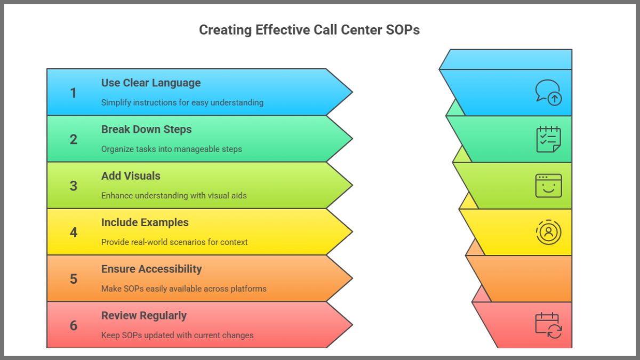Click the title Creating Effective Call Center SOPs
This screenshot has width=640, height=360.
click(309, 30)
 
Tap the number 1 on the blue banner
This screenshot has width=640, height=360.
click(74, 93)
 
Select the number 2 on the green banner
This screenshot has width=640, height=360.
click(74, 139)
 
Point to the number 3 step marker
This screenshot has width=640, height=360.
click(74, 186)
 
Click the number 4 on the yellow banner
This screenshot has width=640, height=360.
click(74, 233)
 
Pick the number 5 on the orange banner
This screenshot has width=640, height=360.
click(74, 279)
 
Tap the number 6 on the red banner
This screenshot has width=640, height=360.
click(74, 325)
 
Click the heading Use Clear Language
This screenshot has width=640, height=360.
click(151, 83)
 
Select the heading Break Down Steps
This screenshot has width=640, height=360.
click(146, 129)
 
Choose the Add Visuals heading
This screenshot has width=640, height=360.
click(131, 175)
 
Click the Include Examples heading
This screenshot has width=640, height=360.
click(145, 222)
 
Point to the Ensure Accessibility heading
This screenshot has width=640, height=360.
click(151, 269)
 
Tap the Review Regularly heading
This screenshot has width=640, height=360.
click(144, 315)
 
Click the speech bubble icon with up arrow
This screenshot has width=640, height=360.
click(548, 92)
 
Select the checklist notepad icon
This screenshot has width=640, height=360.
click(548, 139)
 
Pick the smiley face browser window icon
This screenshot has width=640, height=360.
click(548, 186)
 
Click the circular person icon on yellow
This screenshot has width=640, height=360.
click(548, 233)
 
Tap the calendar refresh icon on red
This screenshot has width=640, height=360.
click(548, 325)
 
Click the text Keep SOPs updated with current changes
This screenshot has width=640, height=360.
click(177, 335)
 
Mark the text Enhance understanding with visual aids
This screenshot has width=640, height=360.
click(174, 196)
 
